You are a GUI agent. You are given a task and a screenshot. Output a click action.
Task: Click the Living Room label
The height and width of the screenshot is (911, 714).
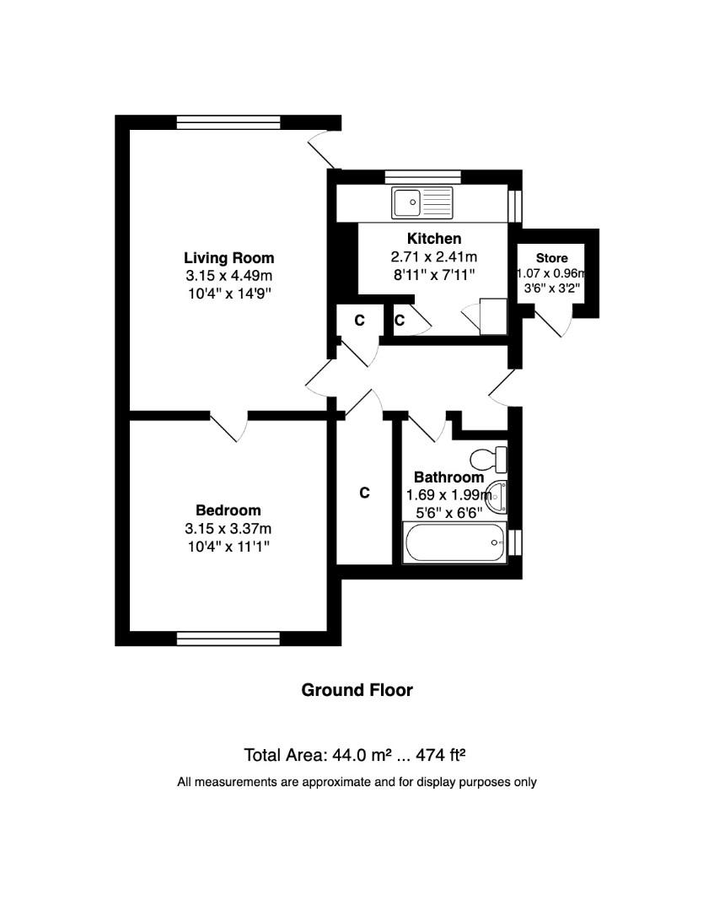(x=228, y=258)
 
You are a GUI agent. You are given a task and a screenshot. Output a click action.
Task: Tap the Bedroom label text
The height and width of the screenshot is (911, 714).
(x=228, y=510)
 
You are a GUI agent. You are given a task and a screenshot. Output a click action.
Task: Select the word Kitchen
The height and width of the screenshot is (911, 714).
(x=434, y=239)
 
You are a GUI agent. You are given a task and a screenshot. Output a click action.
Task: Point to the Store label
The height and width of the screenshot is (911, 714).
(x=552, y=258)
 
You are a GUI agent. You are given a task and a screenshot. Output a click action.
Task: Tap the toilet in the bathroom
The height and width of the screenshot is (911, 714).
(x=488, y=460)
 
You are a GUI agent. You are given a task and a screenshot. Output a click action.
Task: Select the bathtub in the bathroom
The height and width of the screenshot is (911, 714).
(x=455, y=543)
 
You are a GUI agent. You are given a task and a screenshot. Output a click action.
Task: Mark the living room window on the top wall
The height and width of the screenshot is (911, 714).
(x=228, y=122)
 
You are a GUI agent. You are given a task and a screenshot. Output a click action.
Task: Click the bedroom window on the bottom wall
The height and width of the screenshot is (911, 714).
(x=228, y=639)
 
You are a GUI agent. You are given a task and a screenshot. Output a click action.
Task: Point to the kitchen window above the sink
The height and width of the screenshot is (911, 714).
(x=422, y=176)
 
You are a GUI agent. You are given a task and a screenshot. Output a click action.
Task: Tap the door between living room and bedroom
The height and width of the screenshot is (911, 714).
(x=229, y=426)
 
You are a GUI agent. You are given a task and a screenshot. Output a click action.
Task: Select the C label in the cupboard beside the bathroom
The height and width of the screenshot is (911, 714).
(x=365, y=493)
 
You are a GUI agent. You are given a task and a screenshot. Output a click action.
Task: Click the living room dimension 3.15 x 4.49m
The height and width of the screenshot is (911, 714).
(x=228, y=276)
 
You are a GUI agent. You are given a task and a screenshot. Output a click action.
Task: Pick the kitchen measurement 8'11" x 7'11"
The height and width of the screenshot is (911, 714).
(x=434, y=274)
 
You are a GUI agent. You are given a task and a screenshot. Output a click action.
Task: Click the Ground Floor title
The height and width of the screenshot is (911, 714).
(x=357, y=690)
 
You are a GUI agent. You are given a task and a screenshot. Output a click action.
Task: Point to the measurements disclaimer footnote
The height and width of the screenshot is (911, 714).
(x=357, y=782)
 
